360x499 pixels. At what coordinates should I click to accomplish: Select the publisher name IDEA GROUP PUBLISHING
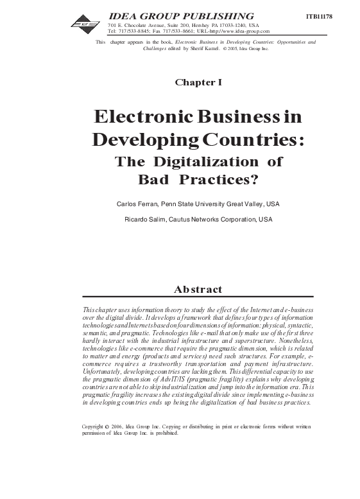point(182,15)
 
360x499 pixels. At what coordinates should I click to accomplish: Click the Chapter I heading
point(198,82)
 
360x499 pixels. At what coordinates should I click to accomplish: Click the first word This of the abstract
point(90,310)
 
